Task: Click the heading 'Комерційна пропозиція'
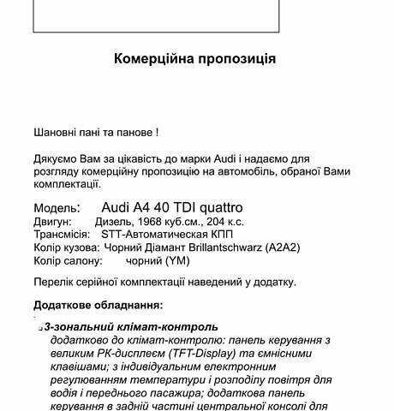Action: pos(195,59)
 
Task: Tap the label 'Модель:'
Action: pos(57,208)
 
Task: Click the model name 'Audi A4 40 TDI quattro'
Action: pos(172,207)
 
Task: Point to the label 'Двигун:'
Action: pos(54,222)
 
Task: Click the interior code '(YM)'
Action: pos(168,259)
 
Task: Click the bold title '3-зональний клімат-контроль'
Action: pos(131,327)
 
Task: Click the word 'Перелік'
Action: pos(53,282)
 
